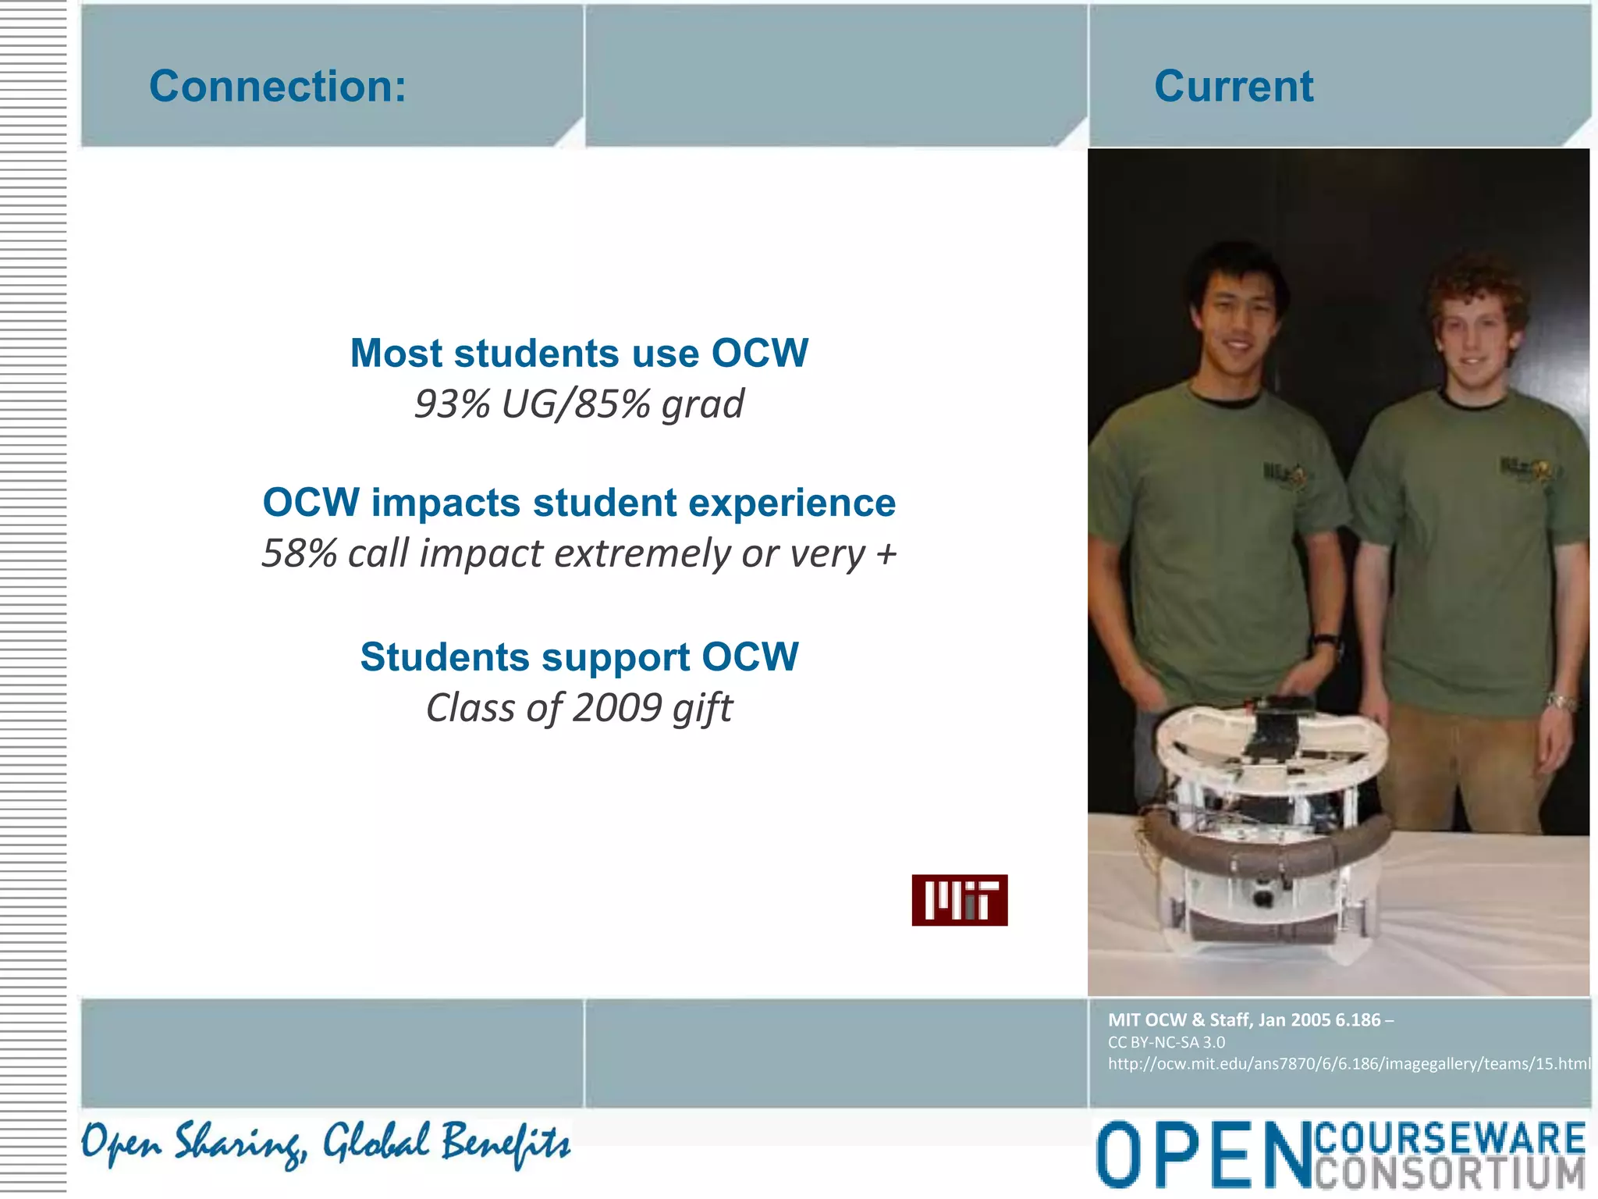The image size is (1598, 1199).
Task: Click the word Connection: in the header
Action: tap(278, 86)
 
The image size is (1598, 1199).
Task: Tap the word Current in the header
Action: tap(1234, 86)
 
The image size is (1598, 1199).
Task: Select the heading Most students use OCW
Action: tap(579, 353)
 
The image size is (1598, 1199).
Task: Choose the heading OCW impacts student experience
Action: tap(579, 502)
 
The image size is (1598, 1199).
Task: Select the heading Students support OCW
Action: tap(579, 656)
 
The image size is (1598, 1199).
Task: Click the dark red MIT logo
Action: tap(959, 900)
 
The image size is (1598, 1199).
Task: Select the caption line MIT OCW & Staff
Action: tap(1250, 1019)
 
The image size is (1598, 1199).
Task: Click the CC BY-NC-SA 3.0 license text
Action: tap(1167, 1042)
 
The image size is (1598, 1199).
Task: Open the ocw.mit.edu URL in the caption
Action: tap(1348, 1063)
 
